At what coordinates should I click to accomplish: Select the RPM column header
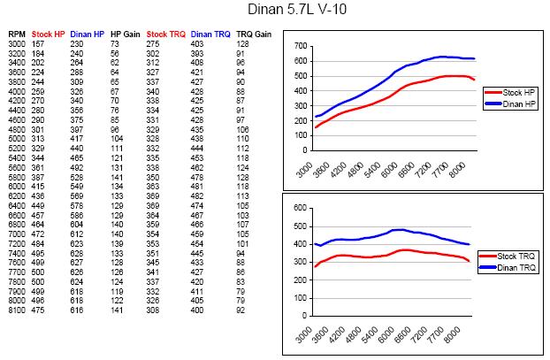[17, 33]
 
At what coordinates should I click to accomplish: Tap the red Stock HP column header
[49, 33]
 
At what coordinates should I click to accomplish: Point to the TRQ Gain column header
[250, 33]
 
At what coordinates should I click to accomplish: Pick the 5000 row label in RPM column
[17, 139]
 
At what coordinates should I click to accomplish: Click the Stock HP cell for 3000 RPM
[38, 43]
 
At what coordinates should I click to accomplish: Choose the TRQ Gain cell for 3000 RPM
[242, 43]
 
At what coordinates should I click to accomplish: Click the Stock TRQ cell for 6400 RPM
[155, 205]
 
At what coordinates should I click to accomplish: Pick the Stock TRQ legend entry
[518, 256]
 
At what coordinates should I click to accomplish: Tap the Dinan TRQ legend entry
[518, 265]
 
